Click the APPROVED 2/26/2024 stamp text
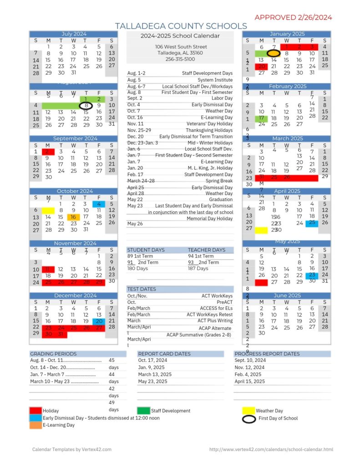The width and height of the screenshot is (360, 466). click(293, 17)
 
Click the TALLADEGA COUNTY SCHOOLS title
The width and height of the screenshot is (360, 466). click(181, 26)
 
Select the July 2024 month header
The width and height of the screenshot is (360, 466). click(74, 34)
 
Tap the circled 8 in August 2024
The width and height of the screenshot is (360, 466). click(86, 106)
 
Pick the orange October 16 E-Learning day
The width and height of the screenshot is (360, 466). click(73, 217)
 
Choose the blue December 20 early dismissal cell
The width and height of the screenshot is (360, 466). click(98, 321)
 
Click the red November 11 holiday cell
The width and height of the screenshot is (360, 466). click(48, 269)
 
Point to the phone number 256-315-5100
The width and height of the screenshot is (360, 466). click(180, 59)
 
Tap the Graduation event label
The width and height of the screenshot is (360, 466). click(221, 199)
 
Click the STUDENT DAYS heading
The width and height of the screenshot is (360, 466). click(146, 250)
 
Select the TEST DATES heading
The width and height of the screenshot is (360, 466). click(141, 289)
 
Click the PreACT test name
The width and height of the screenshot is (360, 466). click(224, 302)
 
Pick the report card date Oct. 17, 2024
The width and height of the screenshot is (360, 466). click(152, 360)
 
